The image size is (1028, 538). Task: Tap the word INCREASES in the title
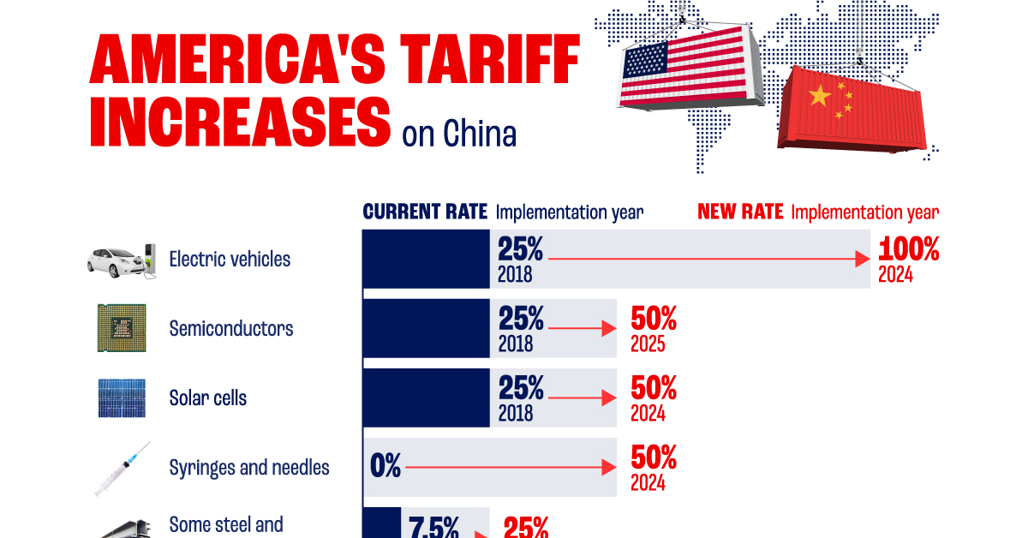pyautogui.click(x=240, y=123)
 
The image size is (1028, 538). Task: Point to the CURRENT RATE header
pyautogui.click(x=425, y=212)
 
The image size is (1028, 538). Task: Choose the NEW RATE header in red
pyautogui.click(x=740, y=212)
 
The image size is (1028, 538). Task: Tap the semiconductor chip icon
pyautogui.click(x=121, y=328)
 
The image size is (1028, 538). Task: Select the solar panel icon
pyautogui.click(x=121, y=398)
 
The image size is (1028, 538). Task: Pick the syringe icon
pyautogui.click(x=121, y=469)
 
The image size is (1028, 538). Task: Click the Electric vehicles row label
pyautogui.click(x=230, y=259)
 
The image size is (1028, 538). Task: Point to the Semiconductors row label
pyautogui.click(x=231, y=328)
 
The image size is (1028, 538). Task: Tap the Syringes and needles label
pyautogui.click(x=249, y=468)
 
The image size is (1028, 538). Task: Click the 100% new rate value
pyautogui.click(x=908, y=250)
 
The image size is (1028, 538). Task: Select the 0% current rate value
pyautogui.click(x=385, y=467)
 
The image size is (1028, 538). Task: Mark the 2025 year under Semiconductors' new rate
pyautogui.click(x=648, y=345)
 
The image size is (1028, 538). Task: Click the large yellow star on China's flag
pyautogui.click(x=820, y=95)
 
